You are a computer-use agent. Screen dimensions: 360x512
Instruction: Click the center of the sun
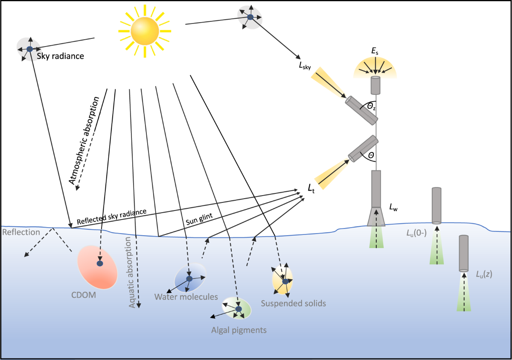[144, 31]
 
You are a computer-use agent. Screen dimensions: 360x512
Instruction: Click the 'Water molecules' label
[186, 296]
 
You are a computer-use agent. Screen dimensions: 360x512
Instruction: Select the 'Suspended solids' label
[293, 303]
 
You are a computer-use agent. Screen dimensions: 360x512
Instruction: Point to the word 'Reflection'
[21, 232]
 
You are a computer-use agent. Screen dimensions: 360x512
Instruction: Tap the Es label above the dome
[375, 52]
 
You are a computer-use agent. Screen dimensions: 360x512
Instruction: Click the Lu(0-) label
[418, 234]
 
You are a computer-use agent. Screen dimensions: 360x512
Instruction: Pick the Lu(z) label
[484, 274]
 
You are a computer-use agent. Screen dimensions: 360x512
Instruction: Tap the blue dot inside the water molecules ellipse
[189, 278]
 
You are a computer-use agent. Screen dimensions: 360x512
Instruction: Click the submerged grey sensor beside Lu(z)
[464, 253]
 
